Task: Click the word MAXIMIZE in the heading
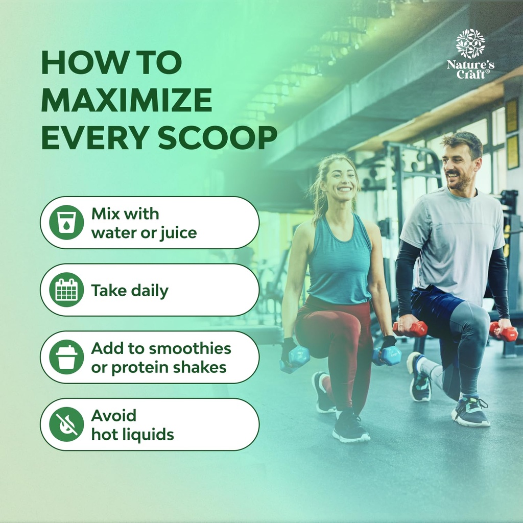(x=127, y=100)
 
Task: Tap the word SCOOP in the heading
(x=218, y=137)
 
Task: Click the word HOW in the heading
(x=85, y=62)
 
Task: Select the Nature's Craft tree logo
(x=470, y=43)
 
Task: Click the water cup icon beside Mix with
(x=66, y=223)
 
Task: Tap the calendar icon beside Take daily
(x=66, y=290)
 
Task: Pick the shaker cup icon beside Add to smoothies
(x=66, y=357)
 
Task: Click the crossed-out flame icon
(x=66, y=424)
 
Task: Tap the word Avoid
(x=114, y=416)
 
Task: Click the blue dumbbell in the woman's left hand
(x=387, y=356)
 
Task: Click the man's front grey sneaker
(x=470, y=412)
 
